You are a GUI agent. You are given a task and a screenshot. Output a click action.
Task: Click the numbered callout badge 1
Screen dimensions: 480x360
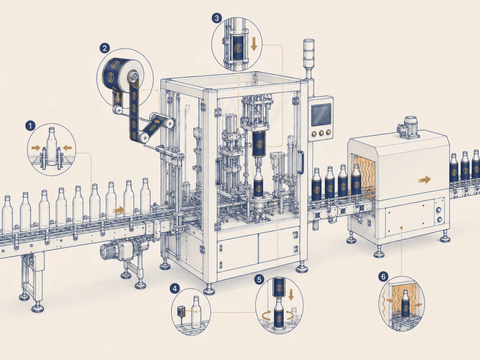pos(30,126)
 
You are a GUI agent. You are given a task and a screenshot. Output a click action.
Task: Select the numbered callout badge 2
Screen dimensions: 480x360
pos(105,48)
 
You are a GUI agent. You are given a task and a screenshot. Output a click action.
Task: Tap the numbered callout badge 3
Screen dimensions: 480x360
pos(217,18)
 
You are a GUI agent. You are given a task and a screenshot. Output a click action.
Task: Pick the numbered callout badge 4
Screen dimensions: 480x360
pos(175,288)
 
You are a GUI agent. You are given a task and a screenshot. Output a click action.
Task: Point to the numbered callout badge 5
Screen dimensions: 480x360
pos(259,279)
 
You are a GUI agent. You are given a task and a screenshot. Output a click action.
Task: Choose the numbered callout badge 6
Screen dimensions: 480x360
pos(383,277)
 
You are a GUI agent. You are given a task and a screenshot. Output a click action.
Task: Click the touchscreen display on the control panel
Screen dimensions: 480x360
pos(321,114)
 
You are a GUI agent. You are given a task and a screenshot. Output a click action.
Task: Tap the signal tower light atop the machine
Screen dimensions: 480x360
pos(308,54)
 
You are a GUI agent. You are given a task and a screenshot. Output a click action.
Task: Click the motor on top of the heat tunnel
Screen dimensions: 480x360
pos(408,127)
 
